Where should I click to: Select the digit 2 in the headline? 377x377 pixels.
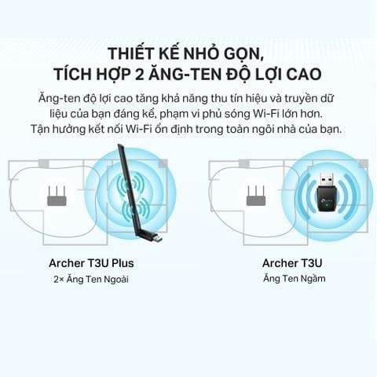pos(140,75)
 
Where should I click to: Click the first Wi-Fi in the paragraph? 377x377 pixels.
pos(263,114)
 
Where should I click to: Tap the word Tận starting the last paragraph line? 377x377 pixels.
pos(40,129)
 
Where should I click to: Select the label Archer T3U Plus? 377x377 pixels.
pos(91,263)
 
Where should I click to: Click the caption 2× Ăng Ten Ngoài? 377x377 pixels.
pos(91,279)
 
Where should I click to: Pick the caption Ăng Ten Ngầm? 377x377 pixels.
pos(295,278)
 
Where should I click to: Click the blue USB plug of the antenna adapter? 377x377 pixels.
pos(158,239)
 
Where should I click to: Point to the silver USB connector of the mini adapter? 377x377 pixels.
pos(328,178)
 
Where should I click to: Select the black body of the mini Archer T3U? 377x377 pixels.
pos(328,199)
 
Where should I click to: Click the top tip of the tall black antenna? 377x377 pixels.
pos(119,145)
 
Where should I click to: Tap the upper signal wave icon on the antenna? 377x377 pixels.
pos(130,184)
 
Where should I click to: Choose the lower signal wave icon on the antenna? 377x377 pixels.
pos(136,209)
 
